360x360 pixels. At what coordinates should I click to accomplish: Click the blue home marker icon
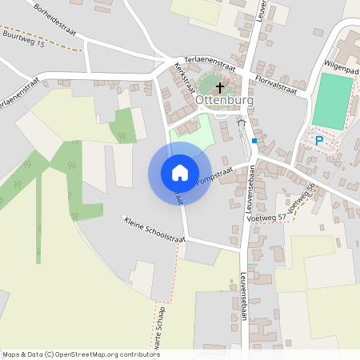pyautogui.click(x=179, y=173)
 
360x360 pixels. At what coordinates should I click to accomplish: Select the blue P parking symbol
pyautogui.click(x=319, y=141)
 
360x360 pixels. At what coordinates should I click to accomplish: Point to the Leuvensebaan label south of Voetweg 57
pyautogui.click(x=243, y=296)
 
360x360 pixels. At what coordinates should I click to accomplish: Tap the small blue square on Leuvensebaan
pyautogui.click(x=254, y=141)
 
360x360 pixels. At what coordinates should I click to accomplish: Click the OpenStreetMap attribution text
pyautogui.click(x=80, y=354)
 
